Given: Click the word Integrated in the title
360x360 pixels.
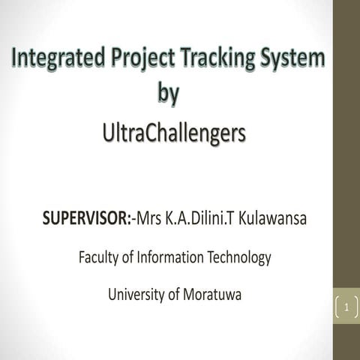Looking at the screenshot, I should (55, 58).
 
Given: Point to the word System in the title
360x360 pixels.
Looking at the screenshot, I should (289, 58).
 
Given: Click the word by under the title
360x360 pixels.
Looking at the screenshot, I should (169, 95).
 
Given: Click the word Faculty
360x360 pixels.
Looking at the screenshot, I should (100, 257).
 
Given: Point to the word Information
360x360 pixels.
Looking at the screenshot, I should (169, 257).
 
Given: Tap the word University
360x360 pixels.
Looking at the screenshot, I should (138, 294).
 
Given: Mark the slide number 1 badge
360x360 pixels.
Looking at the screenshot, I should (346, 307).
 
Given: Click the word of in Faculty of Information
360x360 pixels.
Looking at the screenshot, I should (132, 257).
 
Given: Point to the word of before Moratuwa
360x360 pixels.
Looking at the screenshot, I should (175, 294).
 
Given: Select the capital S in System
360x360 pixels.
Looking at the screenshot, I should (260, 58).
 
